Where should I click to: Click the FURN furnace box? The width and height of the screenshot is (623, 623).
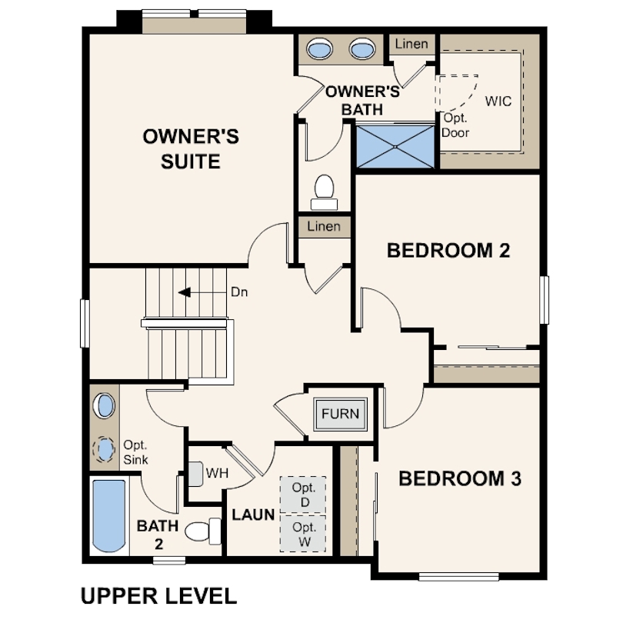click(x=340, y=414)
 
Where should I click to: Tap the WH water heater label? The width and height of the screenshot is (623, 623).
click(x=218, y=473)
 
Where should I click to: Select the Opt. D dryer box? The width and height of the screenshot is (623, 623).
click(x=303, y=495)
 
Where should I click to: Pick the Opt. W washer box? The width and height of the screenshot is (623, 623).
click(x=303, y=534)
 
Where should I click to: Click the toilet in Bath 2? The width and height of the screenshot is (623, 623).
click(x=203, y=531)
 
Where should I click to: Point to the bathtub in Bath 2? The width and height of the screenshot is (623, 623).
click(x=109, y=516)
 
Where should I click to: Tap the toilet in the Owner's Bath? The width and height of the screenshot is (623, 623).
click(x=325, y=192)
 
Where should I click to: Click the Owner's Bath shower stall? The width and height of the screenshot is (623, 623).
click(x=395, y=147)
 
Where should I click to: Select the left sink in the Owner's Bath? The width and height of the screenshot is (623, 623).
click(x=320, y=49)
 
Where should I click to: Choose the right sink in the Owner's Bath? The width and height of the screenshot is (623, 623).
click(x=362, y=49)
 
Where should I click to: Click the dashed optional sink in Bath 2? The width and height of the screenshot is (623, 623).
click(x=104, y=449)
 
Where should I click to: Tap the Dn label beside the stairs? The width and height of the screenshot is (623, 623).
click(x=239, y=292)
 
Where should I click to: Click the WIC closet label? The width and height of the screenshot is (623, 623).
click(x=498, y=102)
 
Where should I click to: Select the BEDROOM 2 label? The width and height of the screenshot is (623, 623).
click(x=448, y=251)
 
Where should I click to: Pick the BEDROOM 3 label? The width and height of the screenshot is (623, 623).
click(x=460, y=478)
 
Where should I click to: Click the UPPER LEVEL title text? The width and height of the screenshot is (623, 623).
click(x=158, y=596)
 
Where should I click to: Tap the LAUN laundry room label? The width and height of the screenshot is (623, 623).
click(x=254, y=515)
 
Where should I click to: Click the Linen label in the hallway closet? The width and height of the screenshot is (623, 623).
click(x=324, y=226)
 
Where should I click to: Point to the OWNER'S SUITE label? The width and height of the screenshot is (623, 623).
click(x=191, y=149)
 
